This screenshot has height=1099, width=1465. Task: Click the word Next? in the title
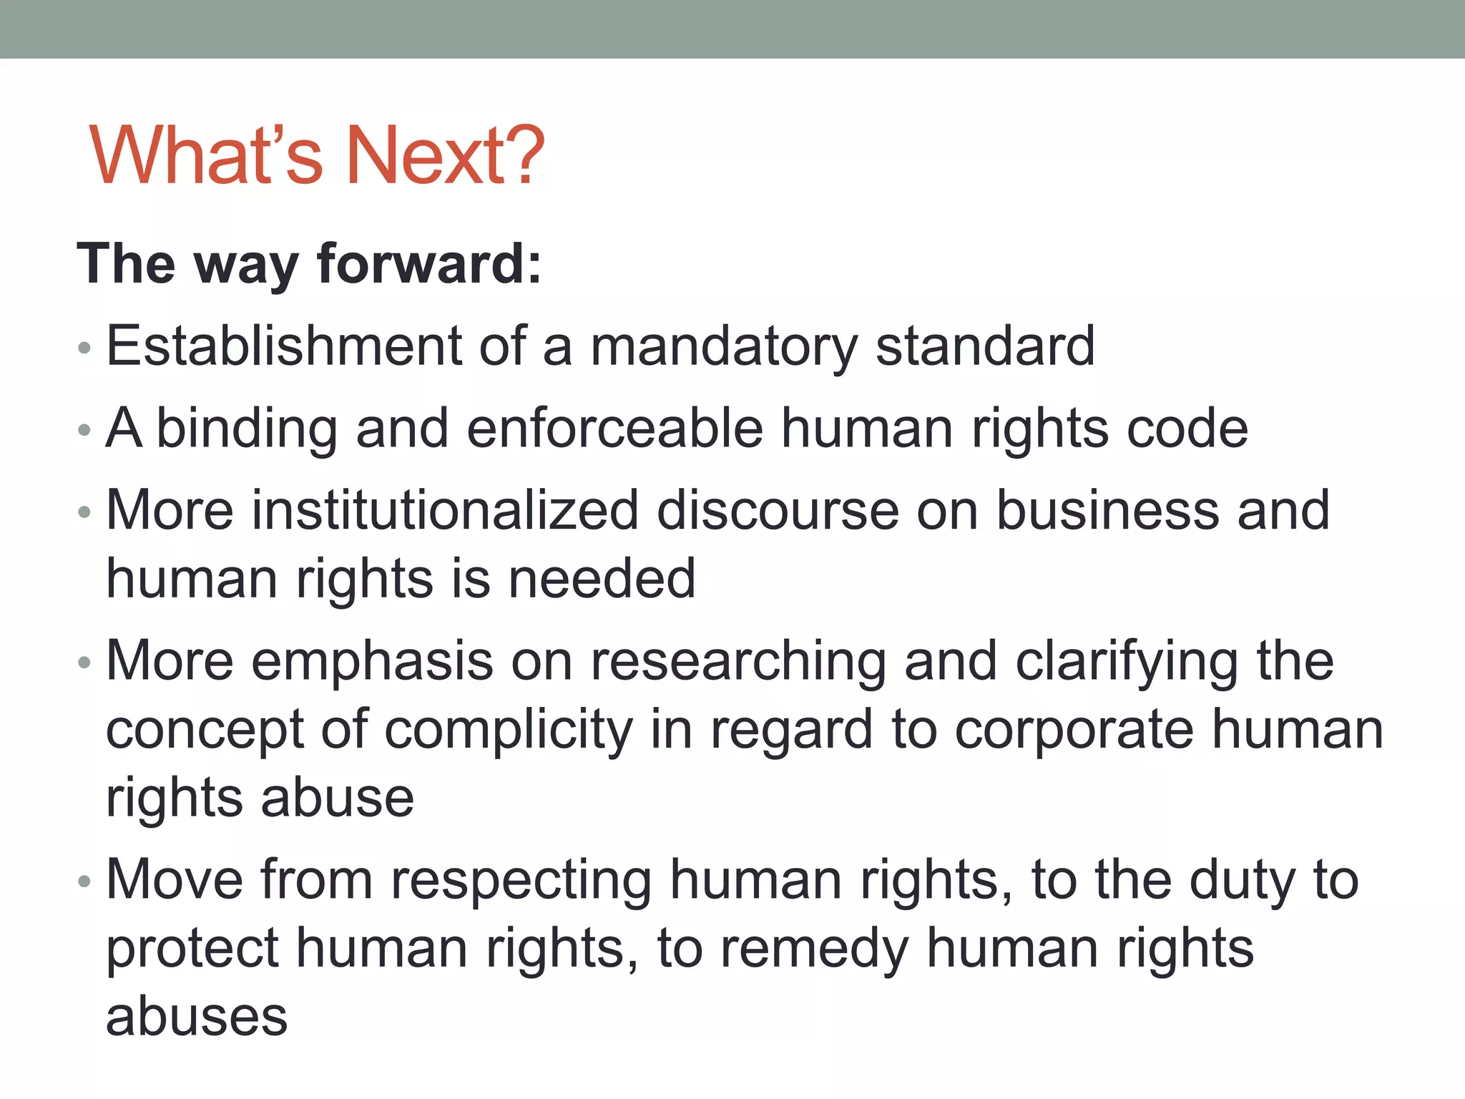444,155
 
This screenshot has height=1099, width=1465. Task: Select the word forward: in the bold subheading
429,263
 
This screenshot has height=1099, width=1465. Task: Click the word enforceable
614,429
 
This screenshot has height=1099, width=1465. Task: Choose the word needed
602,579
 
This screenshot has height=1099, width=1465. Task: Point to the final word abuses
197,1017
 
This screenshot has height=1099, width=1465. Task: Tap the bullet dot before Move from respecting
84,881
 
